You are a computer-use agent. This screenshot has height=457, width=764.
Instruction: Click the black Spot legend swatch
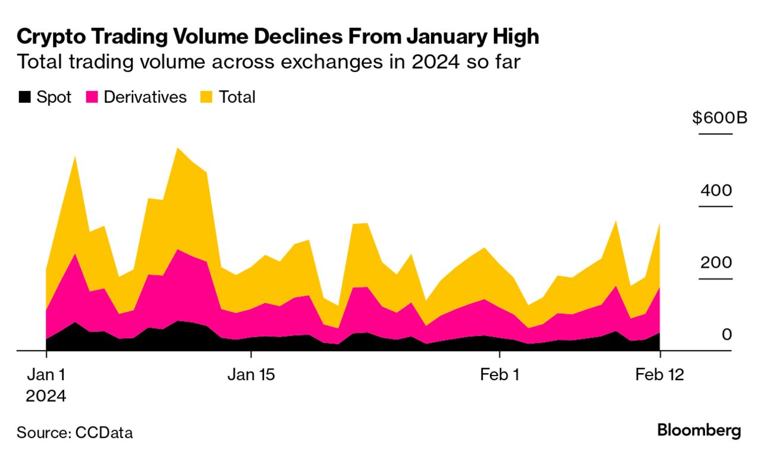(24, 97)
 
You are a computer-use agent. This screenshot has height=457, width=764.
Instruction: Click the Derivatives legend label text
(145, 97)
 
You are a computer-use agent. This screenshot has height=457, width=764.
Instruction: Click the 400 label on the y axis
(716, 191)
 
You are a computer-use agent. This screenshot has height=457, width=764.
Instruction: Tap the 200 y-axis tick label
(716, 263)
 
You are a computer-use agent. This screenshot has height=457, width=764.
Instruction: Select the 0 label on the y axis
(726, 335)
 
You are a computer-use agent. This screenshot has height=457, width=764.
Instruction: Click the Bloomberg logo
(699, 431)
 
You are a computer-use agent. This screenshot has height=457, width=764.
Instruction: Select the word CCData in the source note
(104, 433)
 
